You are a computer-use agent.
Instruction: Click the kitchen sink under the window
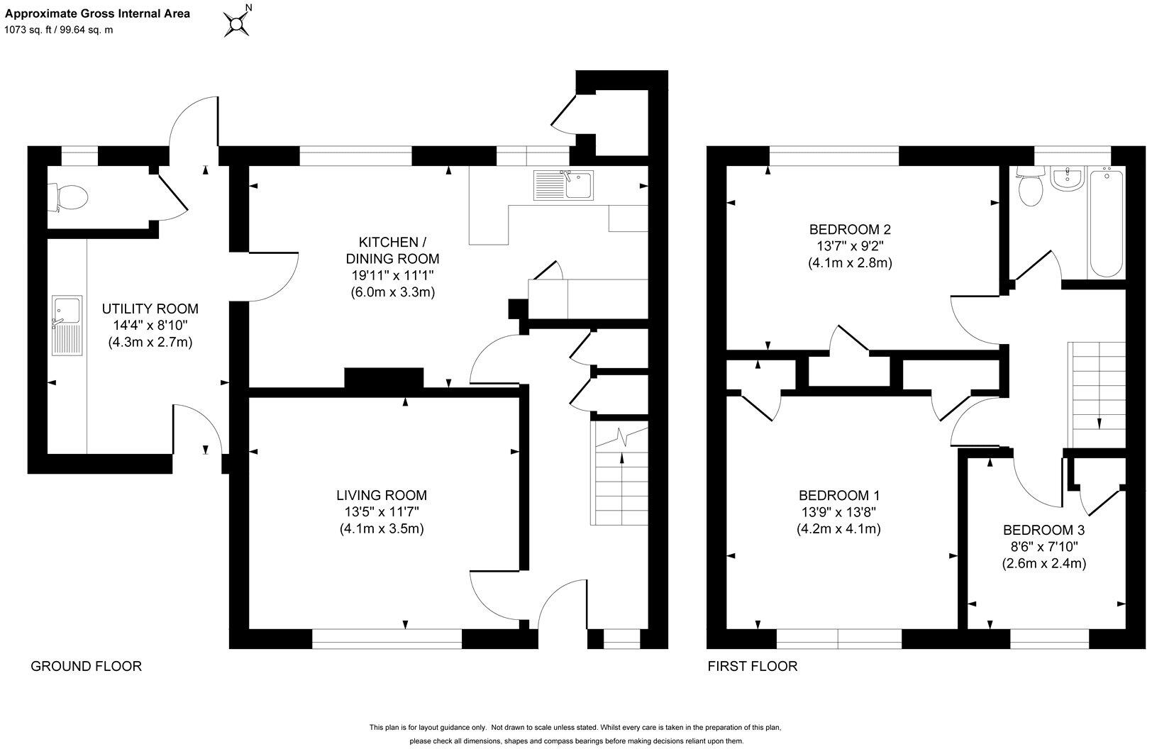pyautogui.click(x=565, y=186)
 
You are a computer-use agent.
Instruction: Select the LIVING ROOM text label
pyautogui.click(x=382, y=495)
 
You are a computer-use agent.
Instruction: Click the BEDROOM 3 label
pyautogui.click(x=1043, y=530)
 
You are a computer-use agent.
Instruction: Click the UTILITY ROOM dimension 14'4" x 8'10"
pyautogui.click(x=150, y=326)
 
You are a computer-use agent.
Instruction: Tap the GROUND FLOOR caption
pyautogui.click(x=86, y=666)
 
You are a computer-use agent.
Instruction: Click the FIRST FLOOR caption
pyautogui.click(x=752, y=666)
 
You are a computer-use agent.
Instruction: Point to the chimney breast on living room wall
pyautogui.click(x=384, y=378)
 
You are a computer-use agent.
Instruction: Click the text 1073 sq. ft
pyautogui.click(x=31, y=30)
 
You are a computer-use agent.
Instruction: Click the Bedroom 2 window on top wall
pyautogui.click(x=833, y=155)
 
